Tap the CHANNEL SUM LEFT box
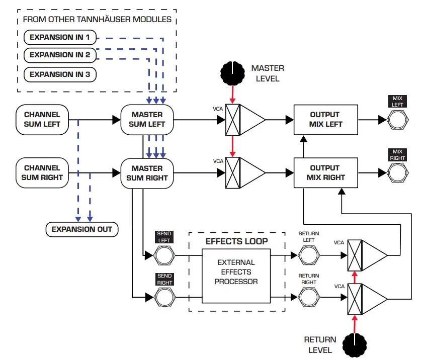(x=42, y=120)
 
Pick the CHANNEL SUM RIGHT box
(x=42, y=173)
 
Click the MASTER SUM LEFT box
(x=147, y=120)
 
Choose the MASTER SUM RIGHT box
(x=147, y=173)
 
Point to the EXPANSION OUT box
(x=82, y=229)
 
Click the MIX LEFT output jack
(x=398, y=120)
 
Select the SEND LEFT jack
(x=164, y=255)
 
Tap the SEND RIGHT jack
(x=164, y=298)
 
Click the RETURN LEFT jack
(x=309, y=255)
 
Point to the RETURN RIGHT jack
(x=309, y=298)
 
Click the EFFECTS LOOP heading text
(x=236, y=241)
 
